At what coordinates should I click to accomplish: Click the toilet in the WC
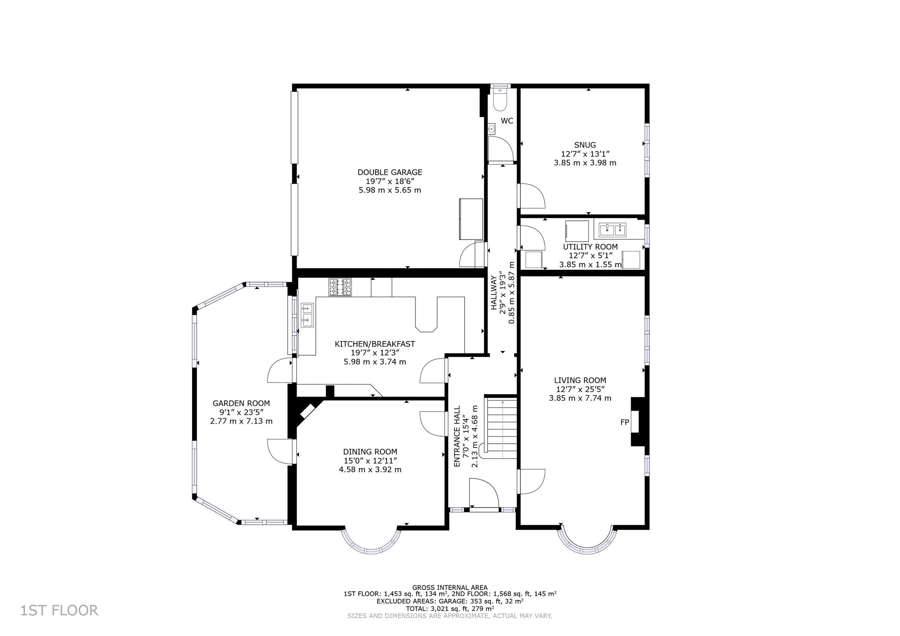coord(500,100)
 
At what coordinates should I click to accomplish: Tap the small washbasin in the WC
coord(492,129)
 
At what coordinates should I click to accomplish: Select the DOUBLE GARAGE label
coord(390,172)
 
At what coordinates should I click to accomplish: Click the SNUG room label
coord(585,145)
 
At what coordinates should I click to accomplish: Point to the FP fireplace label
coord(624,422)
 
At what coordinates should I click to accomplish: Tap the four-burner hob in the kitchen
coord(340,287)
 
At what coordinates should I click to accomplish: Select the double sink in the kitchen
coord(307,315)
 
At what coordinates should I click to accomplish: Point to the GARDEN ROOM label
coord(241,403)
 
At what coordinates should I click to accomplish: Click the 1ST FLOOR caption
coord(59,611)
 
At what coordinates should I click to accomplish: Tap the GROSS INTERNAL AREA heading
coord(450,587)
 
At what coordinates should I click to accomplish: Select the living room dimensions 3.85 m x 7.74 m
coord(580,398)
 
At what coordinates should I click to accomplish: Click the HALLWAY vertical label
coord(493,293)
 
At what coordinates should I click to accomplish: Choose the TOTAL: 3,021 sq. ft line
coord(450,609)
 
